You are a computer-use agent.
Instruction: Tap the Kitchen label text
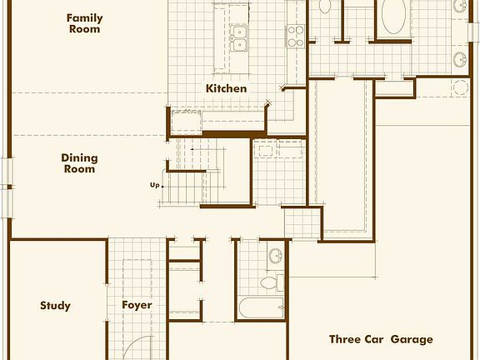point(227,88)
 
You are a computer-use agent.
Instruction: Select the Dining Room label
point(79,163)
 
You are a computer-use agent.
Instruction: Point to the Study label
point(55,306)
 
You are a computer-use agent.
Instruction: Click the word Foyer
point(137,306)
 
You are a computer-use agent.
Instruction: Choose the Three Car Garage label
point(381,339)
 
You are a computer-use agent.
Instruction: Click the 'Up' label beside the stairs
point(154,185)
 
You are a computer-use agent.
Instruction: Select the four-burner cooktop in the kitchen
point(296,34)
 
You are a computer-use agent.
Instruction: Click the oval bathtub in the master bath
point(394,16)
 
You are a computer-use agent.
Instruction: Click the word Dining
point(79,157)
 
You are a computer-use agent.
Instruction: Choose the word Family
point(84,17)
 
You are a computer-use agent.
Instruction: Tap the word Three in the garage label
point(344,339)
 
